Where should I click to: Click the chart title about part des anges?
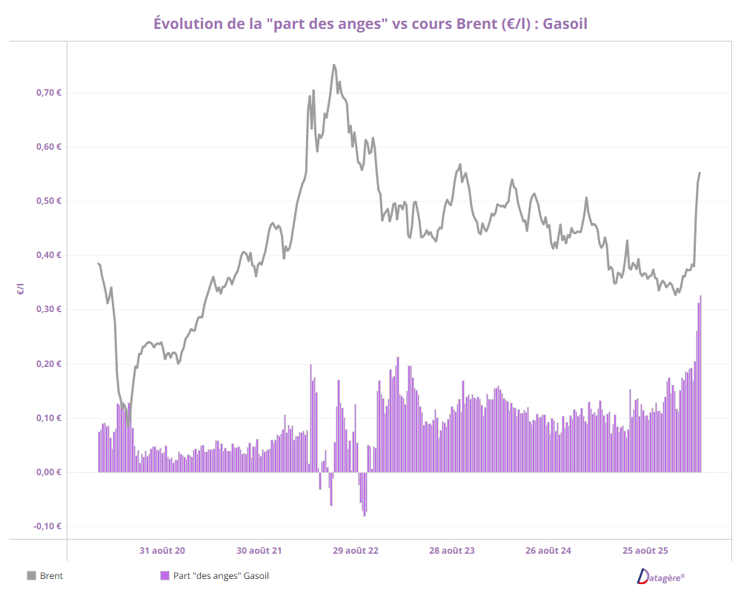pyautogui.click(x=370, y=24)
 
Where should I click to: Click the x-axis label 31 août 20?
pyautogui.click(x=162, y=551)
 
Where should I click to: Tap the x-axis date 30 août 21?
pyautogui.click(x=259, y=551)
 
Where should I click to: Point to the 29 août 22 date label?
pyautogui.click(x=356, y=551)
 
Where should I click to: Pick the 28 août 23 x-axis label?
pyautogui.click(x=452, y=551)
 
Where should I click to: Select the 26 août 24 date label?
pyautogui.click(x=548, y=551)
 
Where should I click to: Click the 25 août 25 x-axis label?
pyautogui.click(x=645, y=551)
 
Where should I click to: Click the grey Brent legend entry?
pyautogui.click(x=45, y=576)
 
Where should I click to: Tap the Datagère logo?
pyautogui.click(x=661, y=576)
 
